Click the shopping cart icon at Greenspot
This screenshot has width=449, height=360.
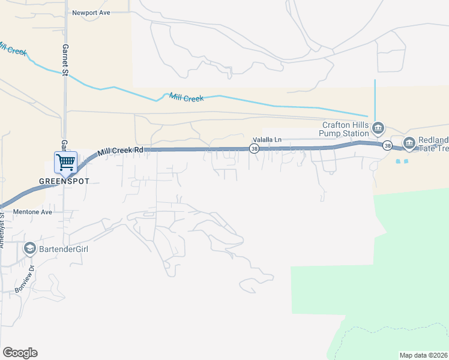[65, 162]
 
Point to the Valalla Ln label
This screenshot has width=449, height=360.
[267, 140]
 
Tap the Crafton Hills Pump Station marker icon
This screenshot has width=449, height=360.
[378, 127]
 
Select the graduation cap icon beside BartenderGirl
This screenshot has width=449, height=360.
[29, 248]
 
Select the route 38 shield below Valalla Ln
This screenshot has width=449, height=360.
[254, 149]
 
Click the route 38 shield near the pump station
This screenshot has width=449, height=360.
[388, 145]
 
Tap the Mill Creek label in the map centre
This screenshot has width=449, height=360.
[187, 97]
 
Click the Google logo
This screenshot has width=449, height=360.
[20, 353]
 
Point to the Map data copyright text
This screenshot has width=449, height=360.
[423, 355]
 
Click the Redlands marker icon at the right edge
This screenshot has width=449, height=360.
[409, 143]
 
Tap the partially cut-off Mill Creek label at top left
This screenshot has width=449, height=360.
[12, 48]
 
